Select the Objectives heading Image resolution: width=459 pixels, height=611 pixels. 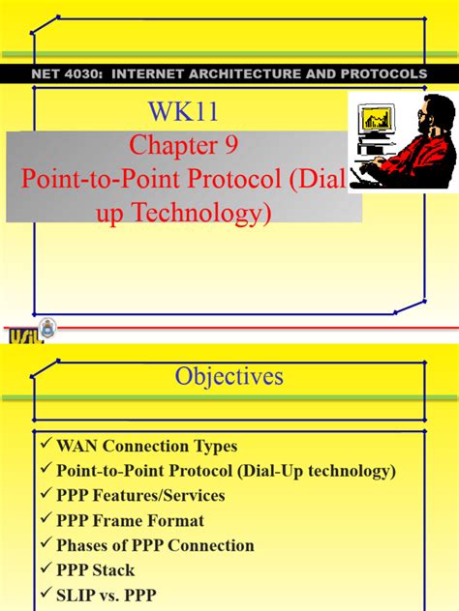229,375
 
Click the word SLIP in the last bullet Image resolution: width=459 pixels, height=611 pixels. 78,594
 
